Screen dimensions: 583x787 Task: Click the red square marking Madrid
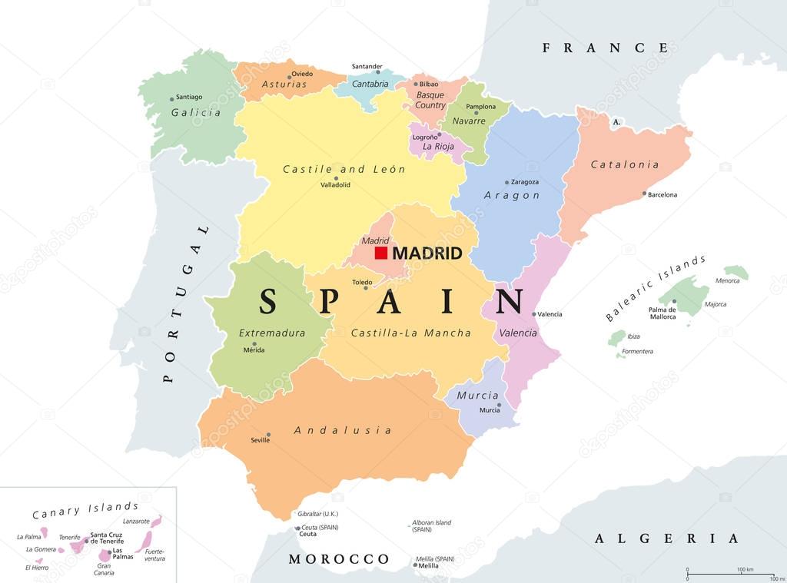click(x=380, y=253)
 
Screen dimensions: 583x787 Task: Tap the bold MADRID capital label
click(x=427, y=253)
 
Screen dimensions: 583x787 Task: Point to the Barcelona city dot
click(x=644, y=194)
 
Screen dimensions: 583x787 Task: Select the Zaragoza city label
click(x=524, y=182)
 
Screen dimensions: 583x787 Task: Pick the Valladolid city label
click(x=336, y=185)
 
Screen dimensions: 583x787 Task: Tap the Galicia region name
click(x=196, y=112)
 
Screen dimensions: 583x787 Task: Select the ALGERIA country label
click(x=666, y=538)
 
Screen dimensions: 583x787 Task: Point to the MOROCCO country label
click(x=339, y=558)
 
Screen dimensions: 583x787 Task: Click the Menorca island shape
click(x=736, y=272)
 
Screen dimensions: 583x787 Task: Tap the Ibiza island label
click(x=612, y=336)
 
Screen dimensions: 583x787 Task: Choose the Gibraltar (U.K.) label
click(x=317, y=514)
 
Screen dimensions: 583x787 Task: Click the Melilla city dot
click(x=415, y=565)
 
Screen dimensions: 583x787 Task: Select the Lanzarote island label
click(x=136, y=521)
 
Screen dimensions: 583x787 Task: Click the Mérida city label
click(x=254, y=350)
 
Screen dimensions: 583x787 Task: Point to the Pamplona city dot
click(x=477, y=114)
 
